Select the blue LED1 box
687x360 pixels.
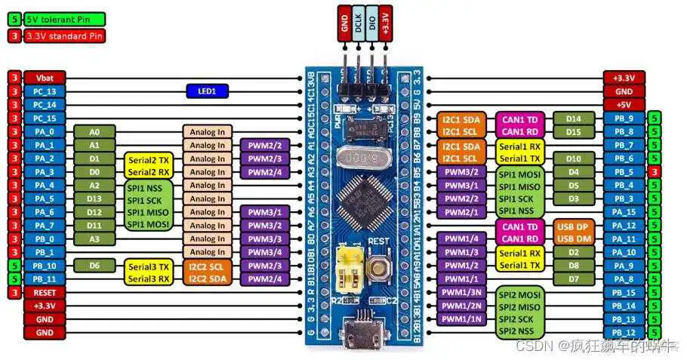pyautogui.click(x=207, y=91)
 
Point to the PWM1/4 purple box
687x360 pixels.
pyautogui.click(x=462, y=238)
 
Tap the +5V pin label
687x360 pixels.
pyautogui.click(x=624, y=105)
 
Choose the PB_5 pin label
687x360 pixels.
pyautogui.click(x=624, y=171)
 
